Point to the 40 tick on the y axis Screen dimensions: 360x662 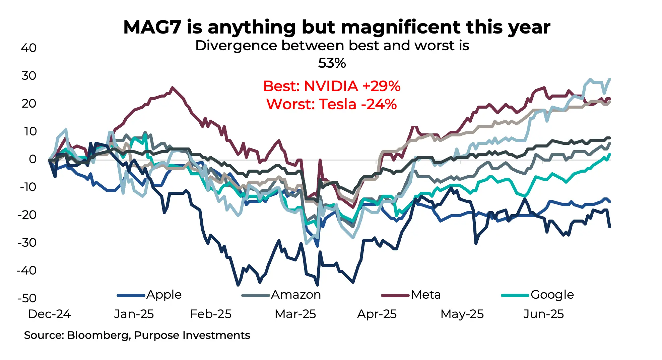tap(29, 48)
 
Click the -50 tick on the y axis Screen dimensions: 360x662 tap(27, 298)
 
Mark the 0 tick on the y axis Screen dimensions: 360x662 tap(32, 159)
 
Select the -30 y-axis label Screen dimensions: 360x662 tap(27, 242)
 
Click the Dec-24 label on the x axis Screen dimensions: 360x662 tap(49, 314)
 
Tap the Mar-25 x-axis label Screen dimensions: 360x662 tap(295, 314)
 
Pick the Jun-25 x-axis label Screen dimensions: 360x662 tap(543, 314)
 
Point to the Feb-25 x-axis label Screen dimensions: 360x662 tap(211, 314)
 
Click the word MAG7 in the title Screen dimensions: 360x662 tap(152, 27)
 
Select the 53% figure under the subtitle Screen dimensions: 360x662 tap(332, 63)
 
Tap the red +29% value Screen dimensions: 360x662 tap(382, 86)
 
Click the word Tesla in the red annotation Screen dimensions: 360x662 tap(337, 104)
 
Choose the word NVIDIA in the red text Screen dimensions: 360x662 tap(331, 86)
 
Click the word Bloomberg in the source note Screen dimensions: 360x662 tap(98, 335)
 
